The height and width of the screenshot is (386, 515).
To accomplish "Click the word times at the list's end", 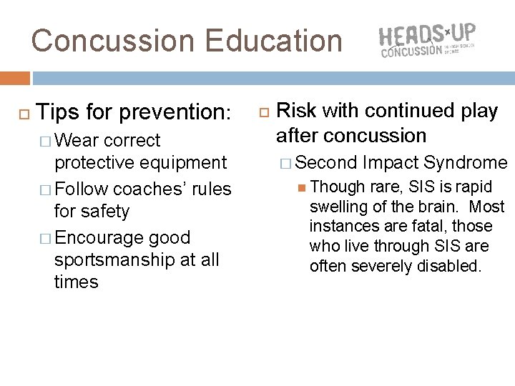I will (x=76, y=282).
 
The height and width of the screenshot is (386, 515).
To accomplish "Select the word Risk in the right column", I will (x=293, y=111).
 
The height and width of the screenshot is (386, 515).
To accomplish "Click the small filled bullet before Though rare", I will (x=303, y=187).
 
